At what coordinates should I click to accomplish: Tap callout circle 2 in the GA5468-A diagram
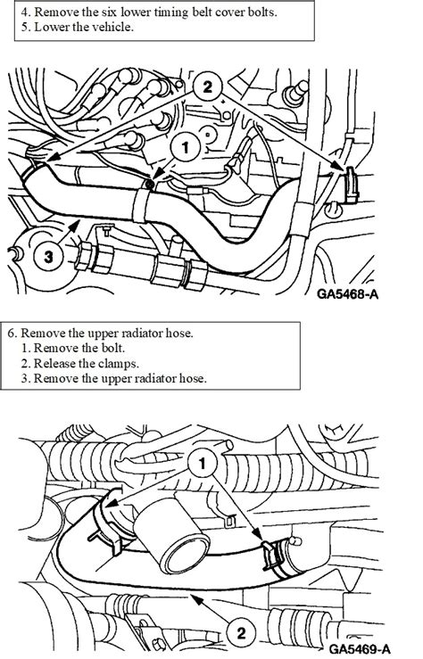click(206, 86)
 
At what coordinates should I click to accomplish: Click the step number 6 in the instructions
click(11, 333)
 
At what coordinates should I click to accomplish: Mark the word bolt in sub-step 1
click(119, 349)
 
